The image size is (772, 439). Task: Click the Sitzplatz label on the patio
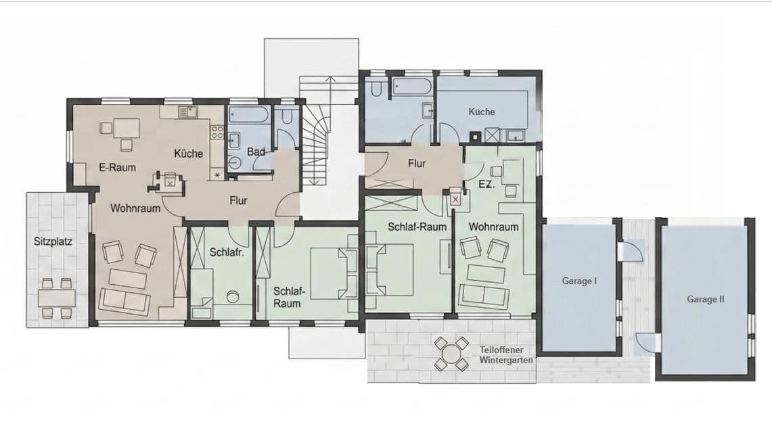53,241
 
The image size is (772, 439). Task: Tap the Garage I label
578,281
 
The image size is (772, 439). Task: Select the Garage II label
705,298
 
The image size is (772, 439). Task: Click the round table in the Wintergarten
451,354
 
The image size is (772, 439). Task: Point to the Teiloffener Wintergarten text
506,355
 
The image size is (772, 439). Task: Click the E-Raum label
117,167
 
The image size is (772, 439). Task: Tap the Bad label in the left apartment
256,152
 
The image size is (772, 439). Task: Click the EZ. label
486,183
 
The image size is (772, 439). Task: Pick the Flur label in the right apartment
416,164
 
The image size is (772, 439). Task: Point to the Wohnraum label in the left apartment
135,208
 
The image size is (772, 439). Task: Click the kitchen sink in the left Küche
185,112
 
